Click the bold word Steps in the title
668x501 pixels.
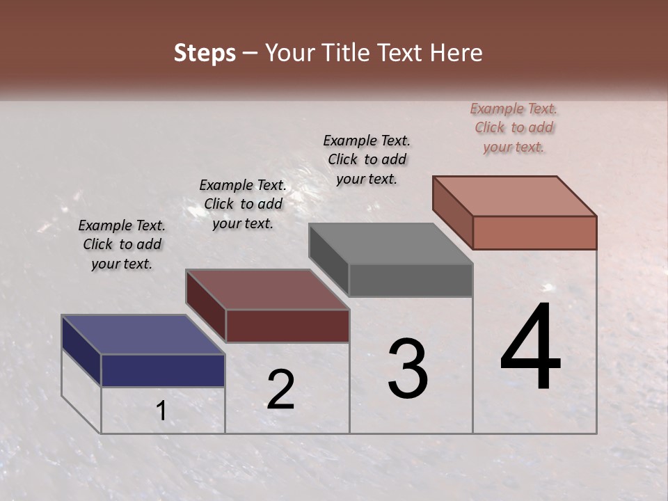205,53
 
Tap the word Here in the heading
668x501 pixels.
456,53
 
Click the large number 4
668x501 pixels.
530,348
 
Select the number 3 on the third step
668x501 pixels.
407,369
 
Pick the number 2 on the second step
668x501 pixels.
280,390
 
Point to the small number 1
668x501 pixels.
161,411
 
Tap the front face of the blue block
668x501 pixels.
163,370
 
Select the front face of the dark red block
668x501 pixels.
287,326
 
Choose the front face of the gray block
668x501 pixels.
411,280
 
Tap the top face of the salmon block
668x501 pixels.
515,196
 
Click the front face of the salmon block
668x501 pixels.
534,232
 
